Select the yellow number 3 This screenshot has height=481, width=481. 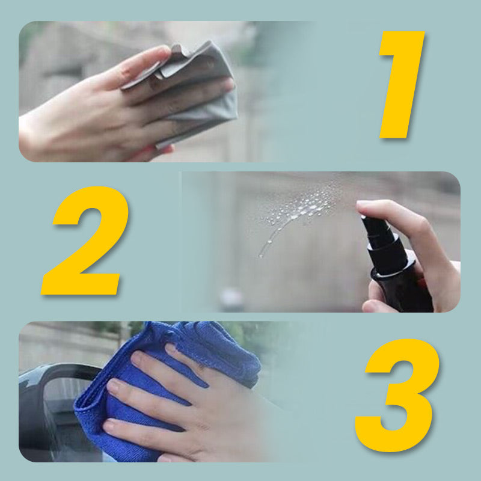(397, 391)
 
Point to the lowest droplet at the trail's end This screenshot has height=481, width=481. (261, 255)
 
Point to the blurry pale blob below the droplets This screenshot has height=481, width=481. (231, 298)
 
